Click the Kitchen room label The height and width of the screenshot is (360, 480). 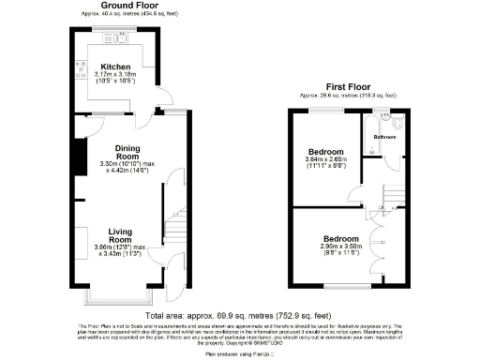(x=116, y=67)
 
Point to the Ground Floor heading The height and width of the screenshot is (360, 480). (x=116, y=6)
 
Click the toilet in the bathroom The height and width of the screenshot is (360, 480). (x=397, y=122)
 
